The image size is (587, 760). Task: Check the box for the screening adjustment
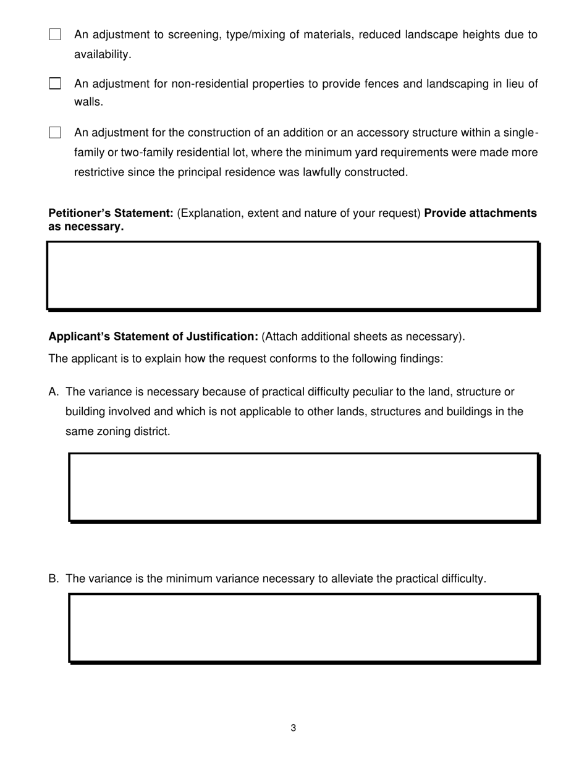tap(55, 35)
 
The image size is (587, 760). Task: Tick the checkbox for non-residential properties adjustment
tap(55, 83)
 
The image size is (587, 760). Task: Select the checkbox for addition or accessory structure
tap(55, 132)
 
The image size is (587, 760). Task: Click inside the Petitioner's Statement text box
tap(293, 275)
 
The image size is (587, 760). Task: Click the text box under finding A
tap(303, 488)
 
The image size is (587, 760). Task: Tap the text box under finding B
tap(303, 628)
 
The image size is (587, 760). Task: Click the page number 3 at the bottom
tap(293, 728)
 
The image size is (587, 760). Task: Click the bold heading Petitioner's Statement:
tap(111, 213)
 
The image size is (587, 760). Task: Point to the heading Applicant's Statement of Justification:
tap(153, 337)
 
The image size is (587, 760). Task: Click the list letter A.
tap(53, 392)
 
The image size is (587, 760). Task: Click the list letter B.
tap(53, 579)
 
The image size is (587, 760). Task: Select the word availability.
tap(103, 54)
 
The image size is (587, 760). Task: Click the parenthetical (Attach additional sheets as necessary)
tap(363, 337)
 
